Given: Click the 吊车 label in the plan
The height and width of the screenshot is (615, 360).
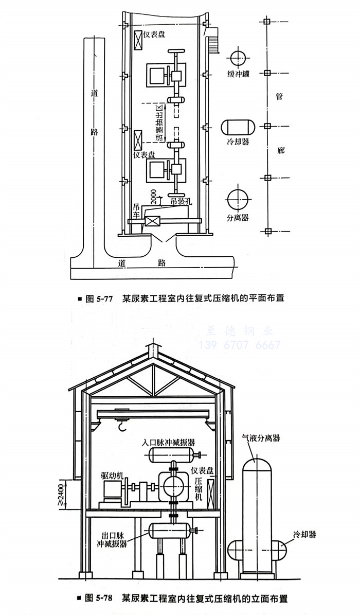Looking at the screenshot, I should [x=136, y=209].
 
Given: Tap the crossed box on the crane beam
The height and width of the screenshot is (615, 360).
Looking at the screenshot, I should [x=152, y=221].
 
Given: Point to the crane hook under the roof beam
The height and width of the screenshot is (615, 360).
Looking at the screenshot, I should [x=122, y=425].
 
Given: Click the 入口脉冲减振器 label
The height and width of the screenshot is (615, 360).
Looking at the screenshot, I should [x=169, y=442].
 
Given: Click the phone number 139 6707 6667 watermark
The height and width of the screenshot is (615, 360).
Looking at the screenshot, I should [x=239, y=344].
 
